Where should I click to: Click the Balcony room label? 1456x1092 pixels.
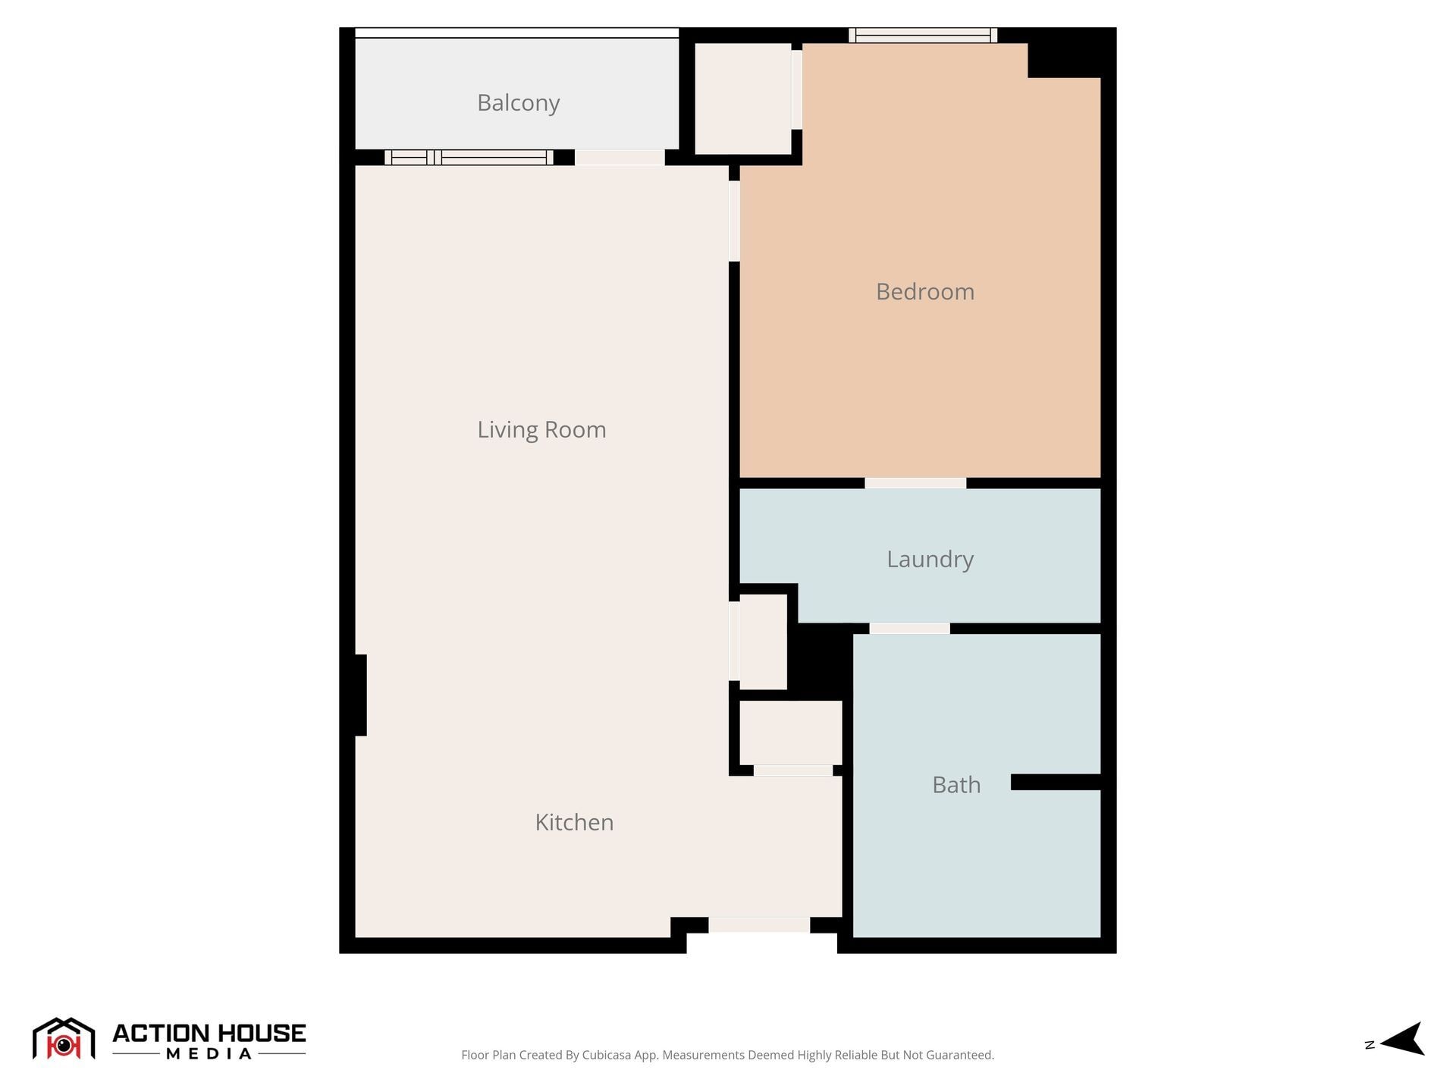[518, 102]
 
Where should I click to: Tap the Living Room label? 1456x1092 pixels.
[541, 430]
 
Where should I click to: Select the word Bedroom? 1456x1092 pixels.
[924, 292]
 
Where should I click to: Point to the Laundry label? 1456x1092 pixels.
[930, 560]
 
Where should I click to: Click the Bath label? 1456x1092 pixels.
[956, 785]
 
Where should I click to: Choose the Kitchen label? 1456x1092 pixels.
[574, 823]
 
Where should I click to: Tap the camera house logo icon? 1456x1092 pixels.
[64, 1038]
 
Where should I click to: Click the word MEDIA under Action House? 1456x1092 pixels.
[209, 1054]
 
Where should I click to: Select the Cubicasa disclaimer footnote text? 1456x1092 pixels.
[727, 1055]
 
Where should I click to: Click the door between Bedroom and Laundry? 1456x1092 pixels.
[915, 483]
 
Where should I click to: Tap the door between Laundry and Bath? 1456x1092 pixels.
[909, 629]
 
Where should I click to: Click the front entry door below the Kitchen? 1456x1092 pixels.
[759, 925]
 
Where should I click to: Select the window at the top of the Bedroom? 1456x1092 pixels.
[922, 35]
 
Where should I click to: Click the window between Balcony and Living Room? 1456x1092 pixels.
[469, 158]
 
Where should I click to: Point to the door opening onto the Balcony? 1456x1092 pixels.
[620, 158]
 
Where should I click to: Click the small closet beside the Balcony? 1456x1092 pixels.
[742, 99]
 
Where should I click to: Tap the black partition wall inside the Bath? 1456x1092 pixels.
[1055, 783]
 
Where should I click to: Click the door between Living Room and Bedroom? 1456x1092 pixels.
[734, 221]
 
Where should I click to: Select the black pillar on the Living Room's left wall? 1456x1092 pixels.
[359, 695]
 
